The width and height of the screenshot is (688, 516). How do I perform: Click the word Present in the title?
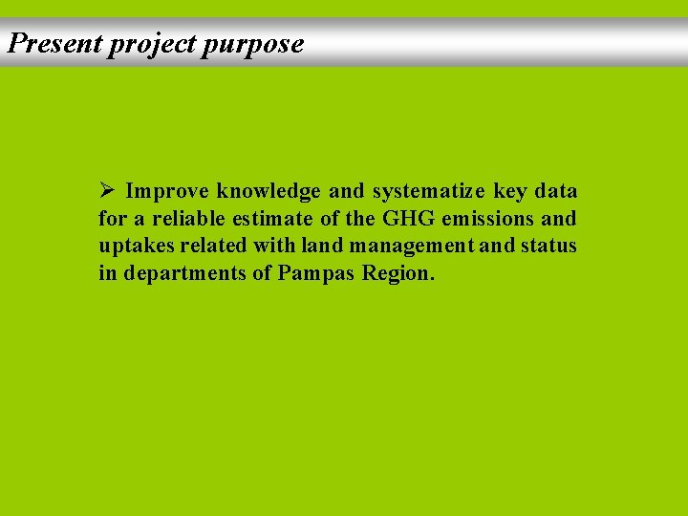(54, 44)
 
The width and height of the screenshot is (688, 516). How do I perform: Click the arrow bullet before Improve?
(107, 191)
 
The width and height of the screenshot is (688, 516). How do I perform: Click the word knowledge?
(269, 192)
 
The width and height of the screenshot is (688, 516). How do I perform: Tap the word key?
(510, 192)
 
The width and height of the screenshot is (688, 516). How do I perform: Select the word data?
(556, 192)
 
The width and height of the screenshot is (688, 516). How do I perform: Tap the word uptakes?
(131, 247)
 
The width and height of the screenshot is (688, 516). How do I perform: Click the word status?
(548, 247)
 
